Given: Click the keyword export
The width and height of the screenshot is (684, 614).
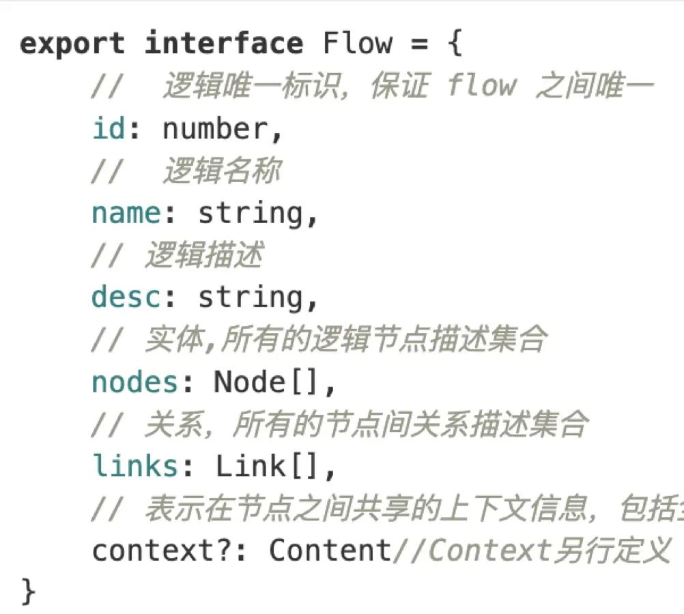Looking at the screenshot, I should pos(72,44).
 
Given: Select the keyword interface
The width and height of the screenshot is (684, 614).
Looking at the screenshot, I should pos(224,44).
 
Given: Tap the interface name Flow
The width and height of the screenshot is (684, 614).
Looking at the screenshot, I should pos(358,44).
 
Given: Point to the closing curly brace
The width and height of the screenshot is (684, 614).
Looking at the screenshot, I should pos(28,591).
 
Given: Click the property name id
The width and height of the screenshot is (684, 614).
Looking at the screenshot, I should pos(109,128).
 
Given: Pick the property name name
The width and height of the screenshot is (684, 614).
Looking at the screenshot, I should pos(126,214).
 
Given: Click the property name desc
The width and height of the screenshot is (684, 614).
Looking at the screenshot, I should pos(126,297).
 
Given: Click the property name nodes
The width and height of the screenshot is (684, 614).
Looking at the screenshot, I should pos(135,382).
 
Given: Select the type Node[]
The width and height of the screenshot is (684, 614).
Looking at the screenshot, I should pos(267,382).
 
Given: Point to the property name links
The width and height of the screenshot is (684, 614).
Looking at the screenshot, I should pos(135,466).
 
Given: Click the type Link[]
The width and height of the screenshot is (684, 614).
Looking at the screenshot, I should pos(268,467).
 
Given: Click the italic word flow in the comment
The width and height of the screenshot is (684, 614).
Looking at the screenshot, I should pos(482,87).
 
